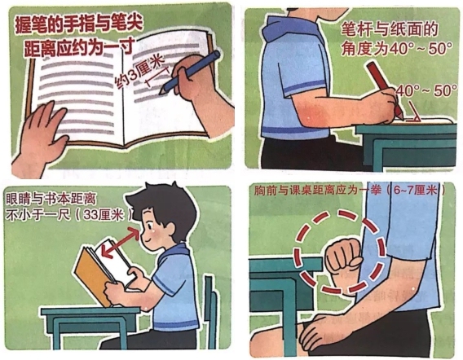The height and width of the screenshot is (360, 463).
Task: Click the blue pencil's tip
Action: click(x=161, y=93)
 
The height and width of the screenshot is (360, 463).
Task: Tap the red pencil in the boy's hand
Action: click(x=385, y=89)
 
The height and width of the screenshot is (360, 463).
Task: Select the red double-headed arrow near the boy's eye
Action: click(x=120, y=244)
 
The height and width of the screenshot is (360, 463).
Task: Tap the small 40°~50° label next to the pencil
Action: click(x=426, y=91)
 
